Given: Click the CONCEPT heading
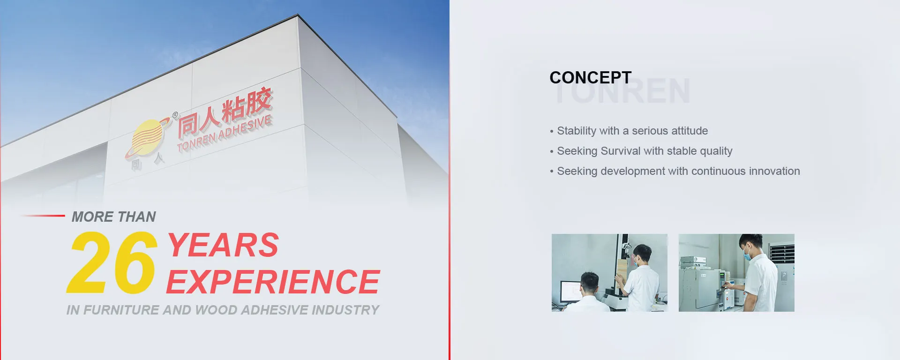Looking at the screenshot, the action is click(x=591, y=77).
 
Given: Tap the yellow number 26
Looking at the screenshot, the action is click(x=111, y=262).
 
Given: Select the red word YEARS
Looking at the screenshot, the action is click(x=223, y=245).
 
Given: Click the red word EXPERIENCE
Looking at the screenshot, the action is click(x=273, y=282).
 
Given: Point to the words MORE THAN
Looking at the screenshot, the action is click(x=114, y=217).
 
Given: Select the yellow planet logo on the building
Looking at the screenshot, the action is click(x=147, y=137).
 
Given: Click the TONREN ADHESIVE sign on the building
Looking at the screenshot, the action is click(x=224, y=134).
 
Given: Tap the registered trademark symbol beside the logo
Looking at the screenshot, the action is click(x=175, y=115).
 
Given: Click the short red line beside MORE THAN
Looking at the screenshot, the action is click(x=43, y=216).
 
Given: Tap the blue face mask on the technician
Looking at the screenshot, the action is click(x=748, y=255).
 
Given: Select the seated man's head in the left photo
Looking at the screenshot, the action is click(x=590, y=283).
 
